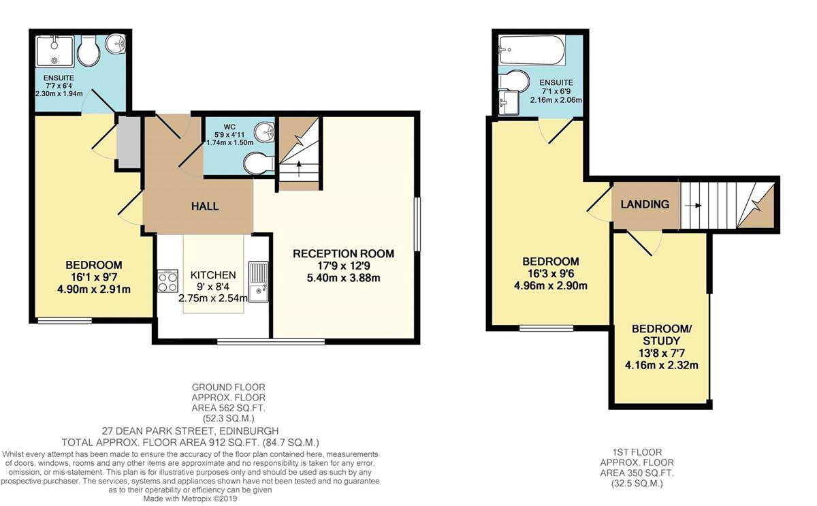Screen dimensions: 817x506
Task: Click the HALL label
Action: (x=205, y=206)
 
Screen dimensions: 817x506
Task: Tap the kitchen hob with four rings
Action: (x=167, y=281)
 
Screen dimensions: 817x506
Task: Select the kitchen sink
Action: (x=258, y=282)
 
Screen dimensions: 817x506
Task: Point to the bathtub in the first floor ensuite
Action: (x=532, y=50)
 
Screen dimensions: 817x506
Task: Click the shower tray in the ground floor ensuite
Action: (x=55, y=51)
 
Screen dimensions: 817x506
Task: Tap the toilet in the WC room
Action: (x=259, y=163)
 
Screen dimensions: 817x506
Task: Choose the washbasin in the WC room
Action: (x=264, y=132)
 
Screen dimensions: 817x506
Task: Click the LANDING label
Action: (x=645, y=204)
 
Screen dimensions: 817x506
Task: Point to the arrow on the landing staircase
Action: (x=693, y=206)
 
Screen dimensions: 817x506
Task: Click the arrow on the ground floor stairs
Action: (x=299, y=168)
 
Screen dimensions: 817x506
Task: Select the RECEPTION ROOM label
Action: (x=344, y=253)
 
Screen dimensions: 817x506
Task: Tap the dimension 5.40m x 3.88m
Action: (x=344, y=278)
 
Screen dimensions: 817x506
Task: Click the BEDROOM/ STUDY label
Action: (x=661, y=335)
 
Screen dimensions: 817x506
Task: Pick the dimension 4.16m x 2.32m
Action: (x=661, y=365)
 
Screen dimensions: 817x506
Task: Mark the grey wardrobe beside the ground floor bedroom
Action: (x=129, y=142)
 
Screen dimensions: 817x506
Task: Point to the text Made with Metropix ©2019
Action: (x=190, y=499)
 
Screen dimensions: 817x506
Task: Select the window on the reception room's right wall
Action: (x=417, y=224)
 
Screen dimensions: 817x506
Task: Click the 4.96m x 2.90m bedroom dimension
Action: (x=551, y=285)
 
